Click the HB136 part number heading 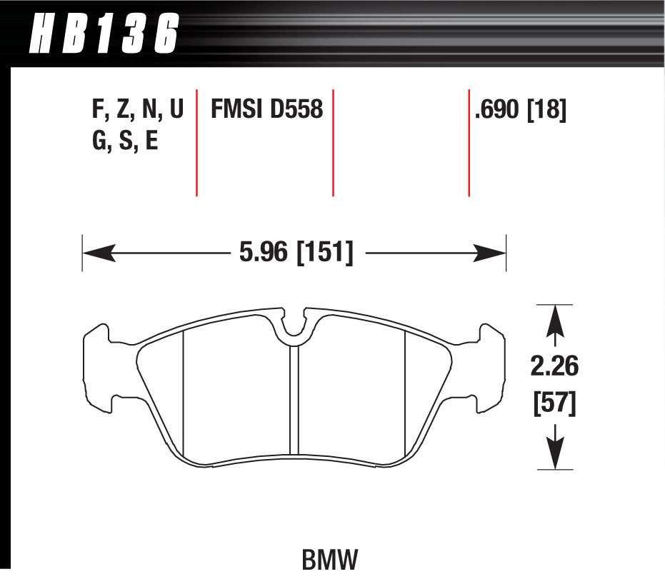pyautogui.click(x=104, y=34)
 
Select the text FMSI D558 pyautogui.click(x=266, y=110)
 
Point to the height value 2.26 pyautogui.click(x=554, y=368)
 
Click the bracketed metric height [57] pyautogui.click(x=554, y=404)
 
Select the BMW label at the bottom pyautogui.click(x=329, y=560)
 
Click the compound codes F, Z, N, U pyautogui.click(x=138, y=110)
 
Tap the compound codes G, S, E pyautogui.click(x=125, y=141)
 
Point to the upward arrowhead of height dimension pyautogui.click(x=555, y=321)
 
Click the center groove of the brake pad pyautogui.click(x=294, y=400)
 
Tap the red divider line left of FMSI pyautogui.click(x=196, y=143)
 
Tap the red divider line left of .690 pyautogui.click(x=469, y=143)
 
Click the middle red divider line pyautogui.click(x=333, y=143)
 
